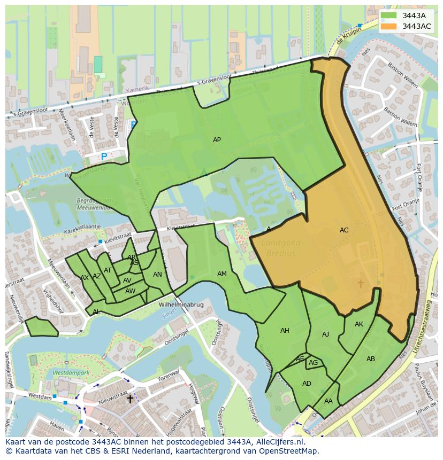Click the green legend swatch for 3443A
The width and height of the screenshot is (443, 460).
point(389,15)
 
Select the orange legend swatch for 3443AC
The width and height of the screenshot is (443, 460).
point(389,26)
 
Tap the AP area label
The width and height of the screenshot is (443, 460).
point(217,140)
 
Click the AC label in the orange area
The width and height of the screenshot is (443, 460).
point(344,230)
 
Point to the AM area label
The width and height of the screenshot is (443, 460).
point(222,274)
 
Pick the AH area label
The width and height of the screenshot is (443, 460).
point(285,331)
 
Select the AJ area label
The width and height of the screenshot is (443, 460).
point(325,334)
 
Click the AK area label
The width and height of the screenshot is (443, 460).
point(358,324)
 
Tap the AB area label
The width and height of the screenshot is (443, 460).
point(370,359)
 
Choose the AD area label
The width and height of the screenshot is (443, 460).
point(307,384)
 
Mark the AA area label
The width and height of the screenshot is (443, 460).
point(329,401)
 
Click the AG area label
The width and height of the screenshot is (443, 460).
point(314,363)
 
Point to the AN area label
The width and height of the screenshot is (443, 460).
point(157,275)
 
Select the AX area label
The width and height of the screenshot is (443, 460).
point(85,278)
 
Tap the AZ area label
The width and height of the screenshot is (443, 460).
point(97,276)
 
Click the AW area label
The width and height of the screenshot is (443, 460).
point(130,291)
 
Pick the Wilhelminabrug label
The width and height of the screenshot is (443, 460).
point(181,305)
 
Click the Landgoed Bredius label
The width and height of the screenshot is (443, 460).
point(283,248)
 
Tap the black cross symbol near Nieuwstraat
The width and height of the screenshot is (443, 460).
point(129,399)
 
